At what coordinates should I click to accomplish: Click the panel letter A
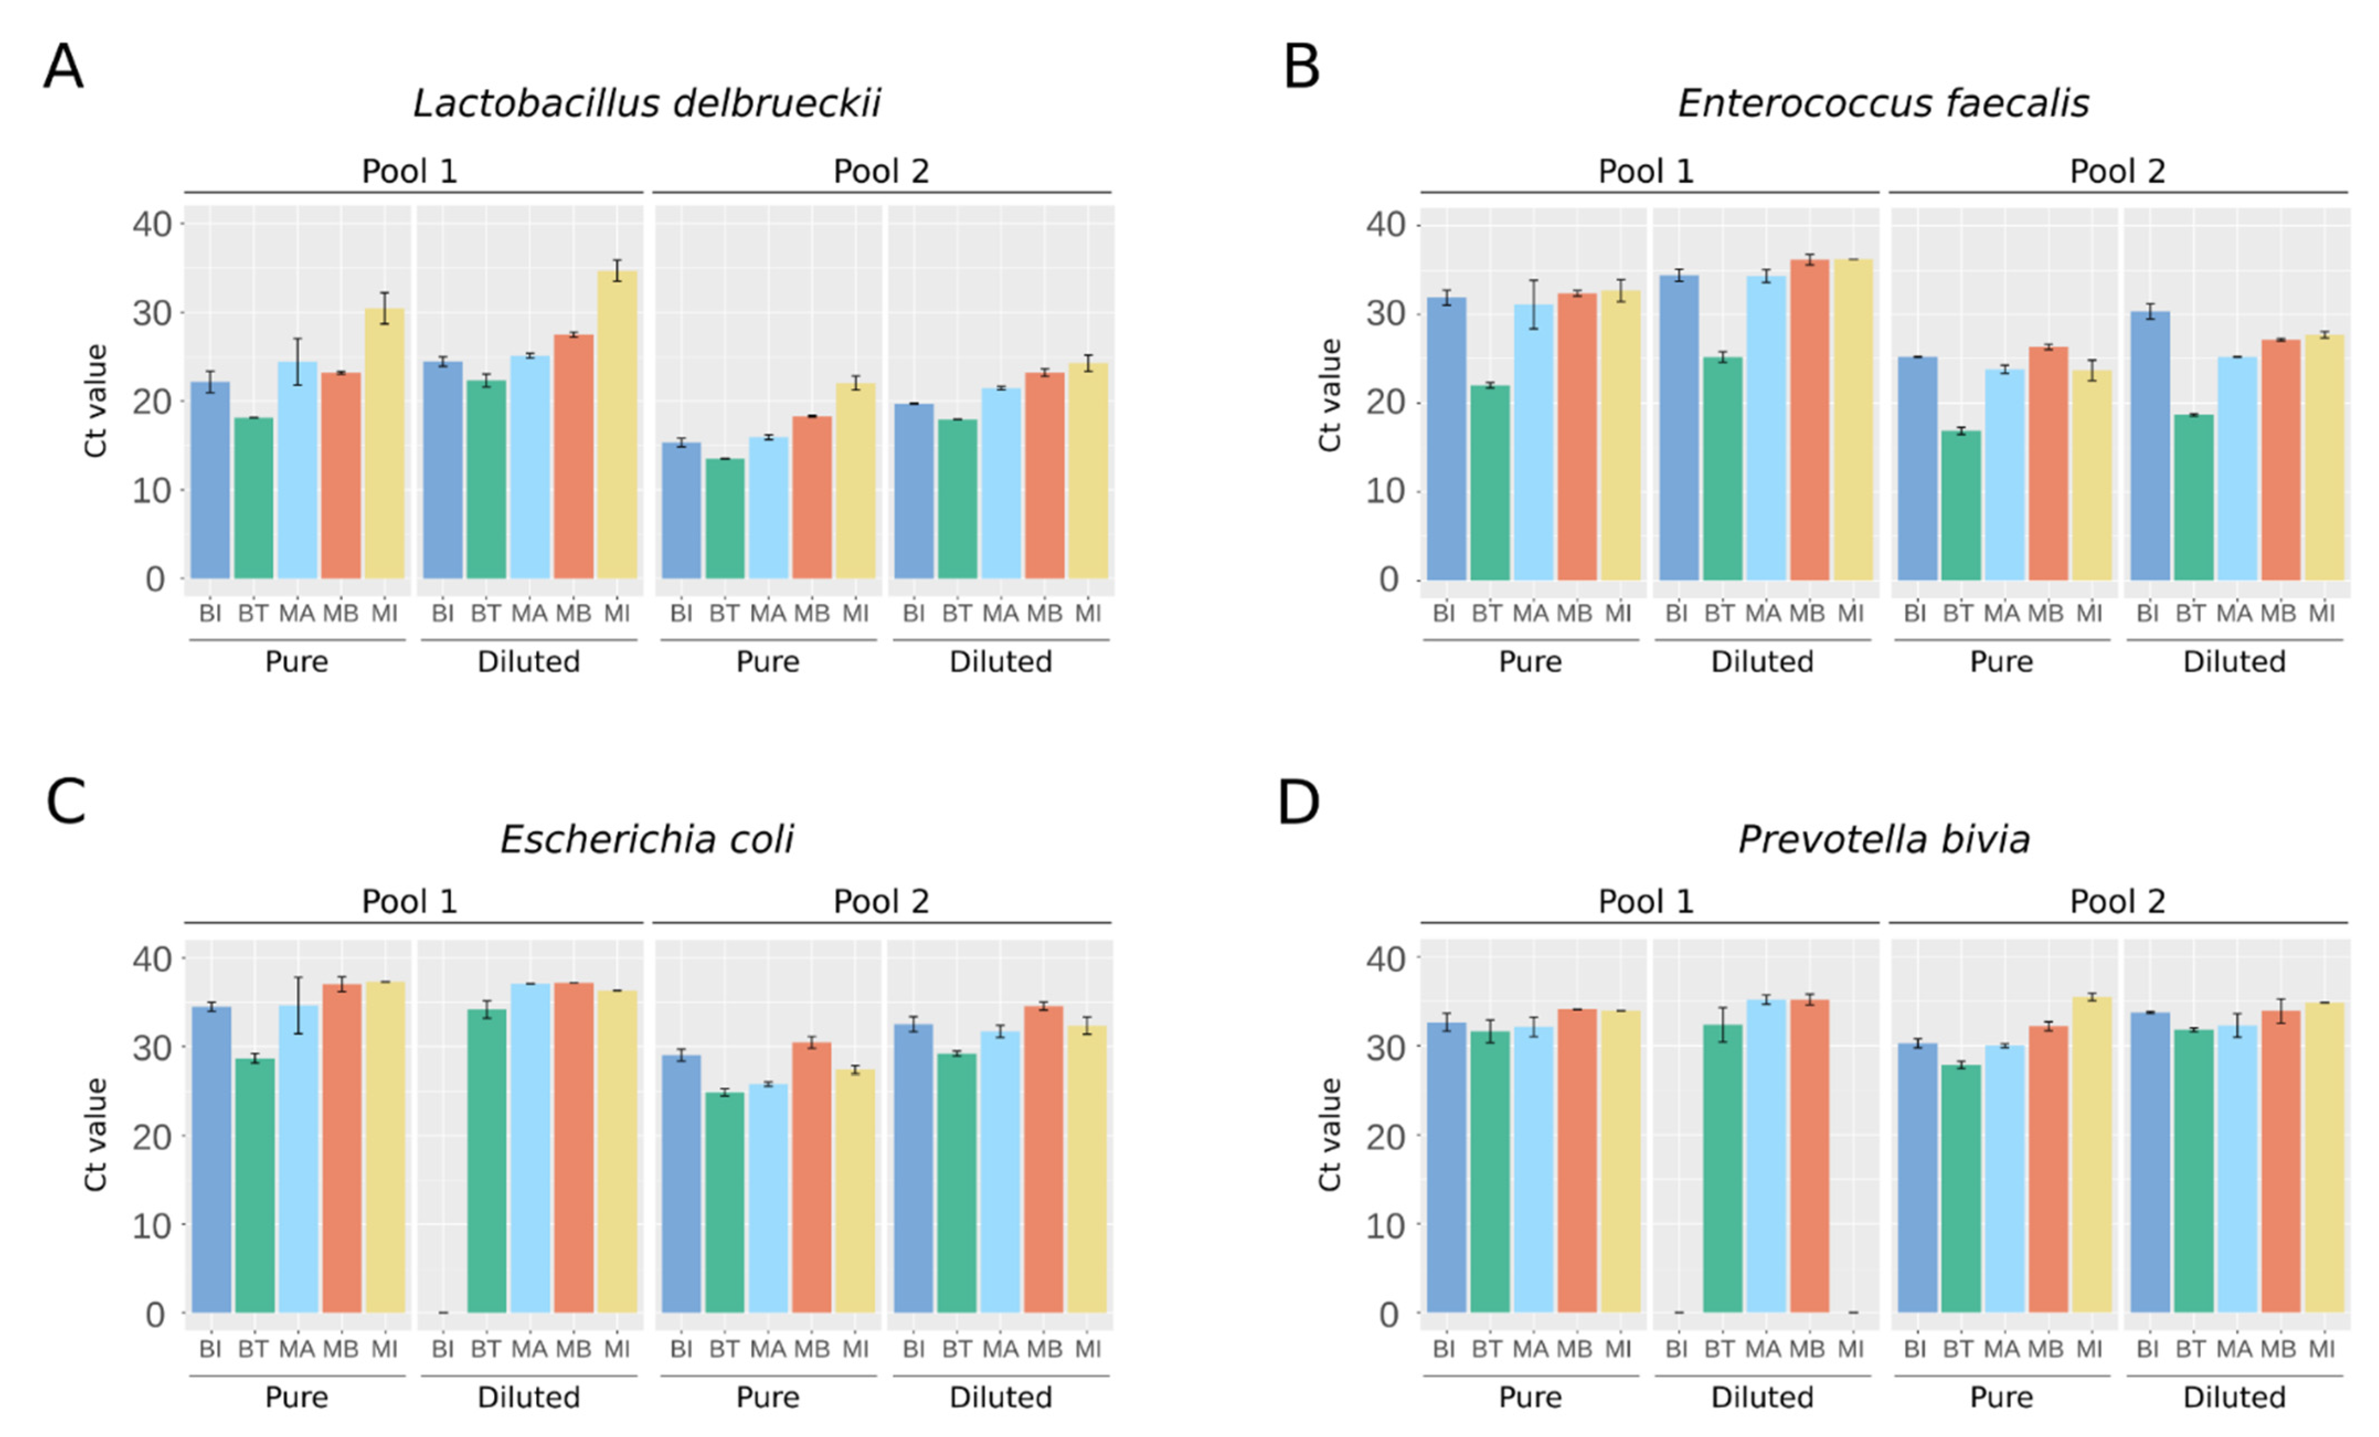click(x=63, y=67)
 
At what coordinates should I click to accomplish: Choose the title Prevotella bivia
click(x=1884, y=839)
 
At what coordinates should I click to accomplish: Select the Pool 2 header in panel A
click(x=880, y=172)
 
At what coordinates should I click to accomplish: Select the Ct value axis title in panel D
click(x=1330, y=1135)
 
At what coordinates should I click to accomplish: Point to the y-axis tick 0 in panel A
click(x=156, y=579)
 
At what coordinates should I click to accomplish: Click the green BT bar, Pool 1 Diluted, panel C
click(x=487, y=1161)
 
